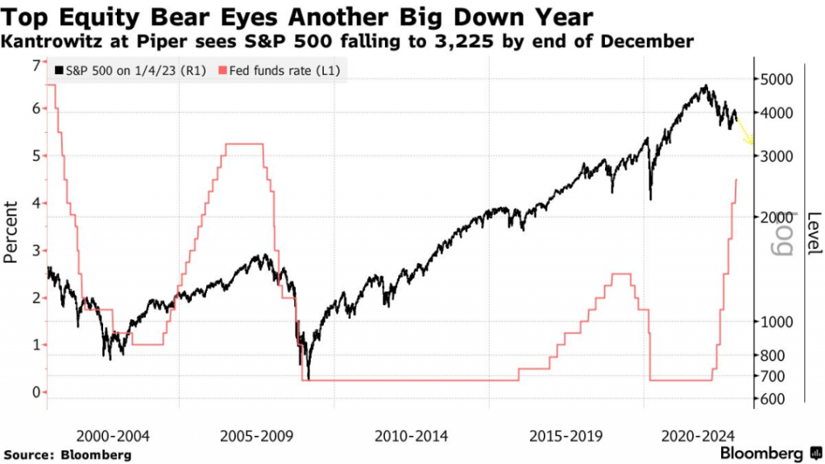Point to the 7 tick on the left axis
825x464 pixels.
[x=35, y=65]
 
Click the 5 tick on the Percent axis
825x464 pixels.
[x=35, y=155]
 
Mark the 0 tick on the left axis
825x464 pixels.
[x=35, y=392]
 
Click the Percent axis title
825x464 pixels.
[x=12, y=233]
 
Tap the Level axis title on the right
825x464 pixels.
[x=815, y=233]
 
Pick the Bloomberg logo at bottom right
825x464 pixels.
[x=772, y=452]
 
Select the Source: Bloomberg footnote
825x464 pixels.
[x=67, y=455]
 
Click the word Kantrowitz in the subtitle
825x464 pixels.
[x=49, y=40]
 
